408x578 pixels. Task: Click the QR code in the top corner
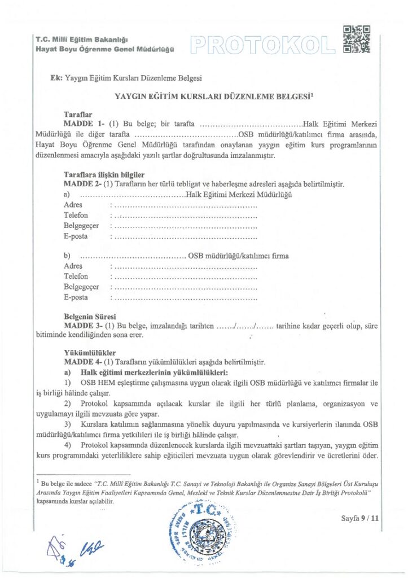click(x=357, y=40)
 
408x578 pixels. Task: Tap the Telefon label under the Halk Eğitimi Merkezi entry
click(x=76, y=216)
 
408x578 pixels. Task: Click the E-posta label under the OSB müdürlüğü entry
click(x=76, y=297)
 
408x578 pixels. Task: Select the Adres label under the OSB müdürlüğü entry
click(x=73, y=266)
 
